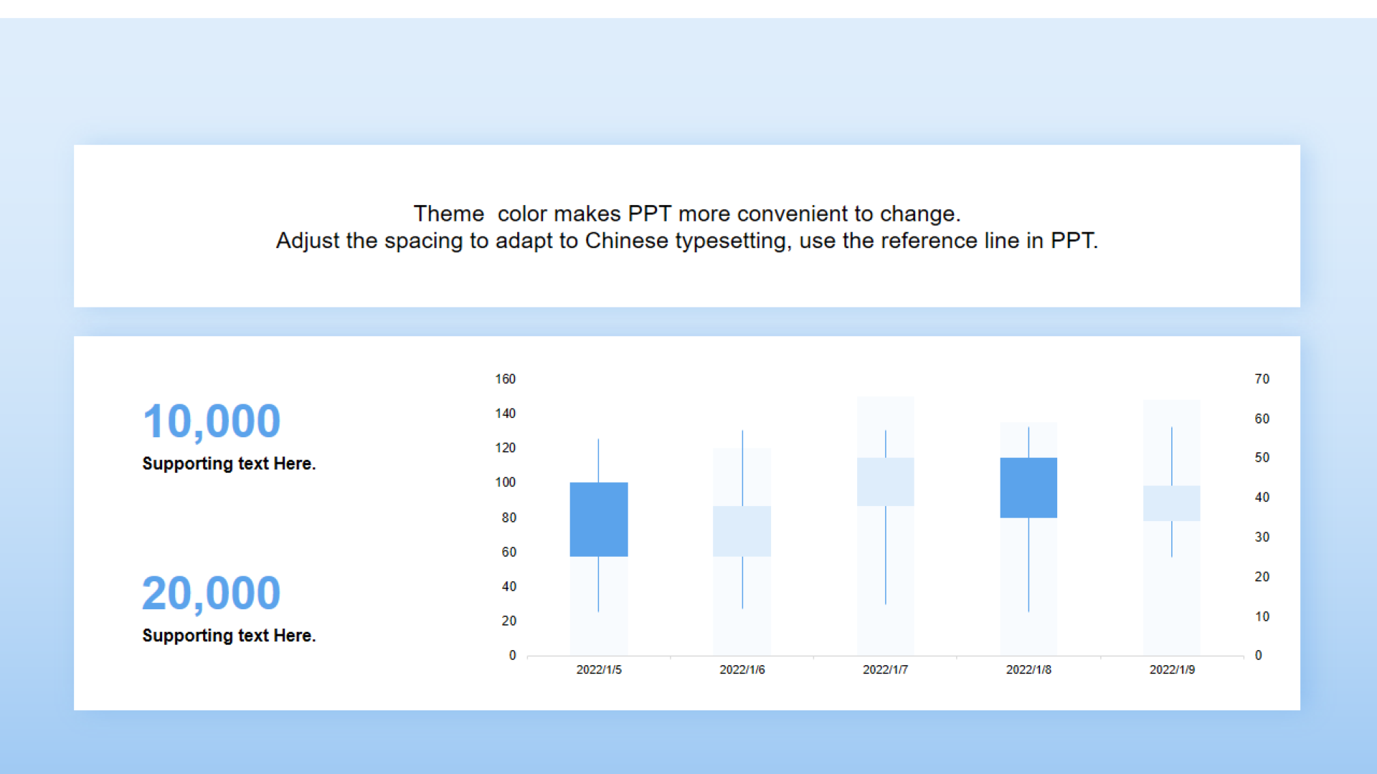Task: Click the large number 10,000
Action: (212, 421)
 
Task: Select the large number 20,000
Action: (212, 593)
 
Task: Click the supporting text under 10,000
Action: (229, 464)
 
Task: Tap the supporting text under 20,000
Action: (229, 636)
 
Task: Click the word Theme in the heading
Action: (449, 214)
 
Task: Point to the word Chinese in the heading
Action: (627, 240)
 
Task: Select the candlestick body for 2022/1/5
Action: (599, 520)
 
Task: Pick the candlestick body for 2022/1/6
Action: (742, 531)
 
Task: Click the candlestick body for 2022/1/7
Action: (886, 482)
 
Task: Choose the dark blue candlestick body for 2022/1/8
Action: (1028, 487)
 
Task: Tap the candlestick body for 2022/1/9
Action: (1172, 503)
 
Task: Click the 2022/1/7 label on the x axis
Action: (886, 669)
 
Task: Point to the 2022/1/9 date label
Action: (1173, 669)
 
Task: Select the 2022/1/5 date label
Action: (599, 669)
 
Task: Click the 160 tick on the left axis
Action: (506, 379)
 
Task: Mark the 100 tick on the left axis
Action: (506, 482)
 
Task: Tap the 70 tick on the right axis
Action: (1262, 379)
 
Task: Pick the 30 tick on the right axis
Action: (1262, 537)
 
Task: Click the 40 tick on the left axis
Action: (509, 586)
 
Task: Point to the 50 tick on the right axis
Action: (1262, 457)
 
